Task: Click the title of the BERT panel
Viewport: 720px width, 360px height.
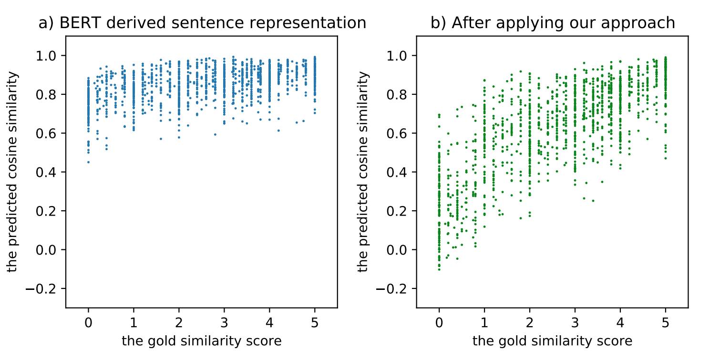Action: click(x=202, y=23)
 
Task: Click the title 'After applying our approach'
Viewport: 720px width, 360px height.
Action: click(x=553, y=23)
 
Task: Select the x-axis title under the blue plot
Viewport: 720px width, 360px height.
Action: click(x=201, y=341)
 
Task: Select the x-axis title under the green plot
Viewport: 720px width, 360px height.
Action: click(x=552, y=341)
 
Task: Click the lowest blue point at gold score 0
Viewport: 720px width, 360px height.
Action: click(x=88, y=162)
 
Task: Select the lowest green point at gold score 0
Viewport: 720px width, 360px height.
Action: click(x=439, y=270)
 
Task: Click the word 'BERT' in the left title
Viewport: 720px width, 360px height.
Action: click(x=78, y=23)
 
